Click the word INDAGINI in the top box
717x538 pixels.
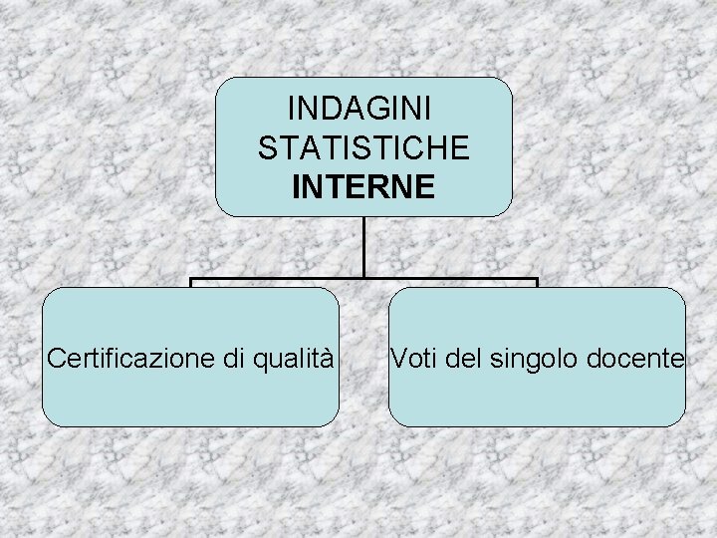coord(363,111)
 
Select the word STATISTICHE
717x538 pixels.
coord(363,148)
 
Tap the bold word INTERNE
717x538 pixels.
coord(363,186)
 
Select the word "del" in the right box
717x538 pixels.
coord(464,357)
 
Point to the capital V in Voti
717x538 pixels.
coord(399,357)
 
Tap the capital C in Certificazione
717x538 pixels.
coord(56,357)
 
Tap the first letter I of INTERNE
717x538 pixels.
coord(297,186)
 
